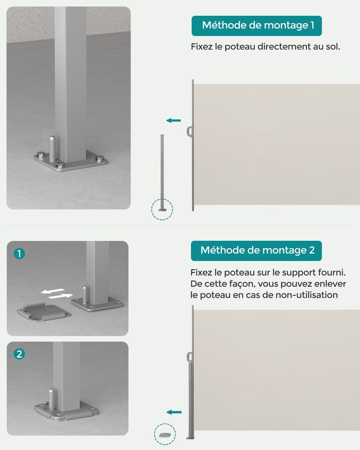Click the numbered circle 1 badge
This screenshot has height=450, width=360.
click(19, 254)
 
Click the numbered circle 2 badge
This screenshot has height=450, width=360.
click(19, 354)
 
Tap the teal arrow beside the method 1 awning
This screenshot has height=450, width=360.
click(173, 121)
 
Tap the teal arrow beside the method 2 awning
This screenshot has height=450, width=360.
click(174, 412)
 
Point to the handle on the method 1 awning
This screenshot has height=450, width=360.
click(189, 132)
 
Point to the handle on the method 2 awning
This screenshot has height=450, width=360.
click(189, 358)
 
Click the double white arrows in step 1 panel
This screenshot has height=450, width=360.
click(57, 293)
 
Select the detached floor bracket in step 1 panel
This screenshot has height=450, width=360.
click(44, 312)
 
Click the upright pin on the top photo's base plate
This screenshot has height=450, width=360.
click(52, 148)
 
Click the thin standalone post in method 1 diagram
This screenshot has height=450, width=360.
click(162, 173)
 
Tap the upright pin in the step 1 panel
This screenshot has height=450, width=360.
click(85, 295)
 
